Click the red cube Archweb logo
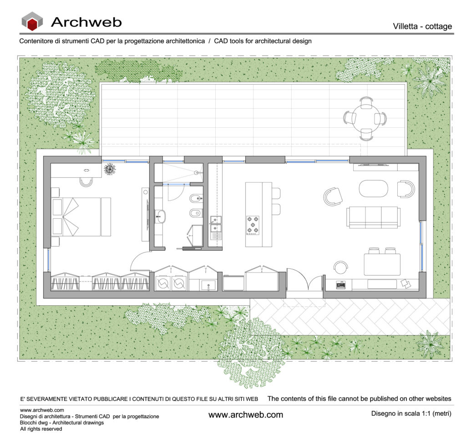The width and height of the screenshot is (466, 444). (32, 21)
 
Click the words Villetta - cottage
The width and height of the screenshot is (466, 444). (422, 26)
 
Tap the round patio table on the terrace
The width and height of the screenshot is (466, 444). (365, 118)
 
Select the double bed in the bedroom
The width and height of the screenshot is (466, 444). (81, 217)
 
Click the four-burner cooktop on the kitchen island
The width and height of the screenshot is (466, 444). (253, 225)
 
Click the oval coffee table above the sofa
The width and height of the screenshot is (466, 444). (374, 188)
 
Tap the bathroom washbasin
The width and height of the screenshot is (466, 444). (161, 217)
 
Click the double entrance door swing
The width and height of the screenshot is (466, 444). (305, 279)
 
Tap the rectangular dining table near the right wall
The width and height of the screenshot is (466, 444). (382, 264)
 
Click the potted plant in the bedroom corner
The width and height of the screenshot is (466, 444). (110, 169)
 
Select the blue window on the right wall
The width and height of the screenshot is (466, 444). (421, 246)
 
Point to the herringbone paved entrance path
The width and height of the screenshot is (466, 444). (350, 317)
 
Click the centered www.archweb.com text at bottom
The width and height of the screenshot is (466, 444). (246, 415)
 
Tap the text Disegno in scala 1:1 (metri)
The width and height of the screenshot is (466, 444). (411, 414)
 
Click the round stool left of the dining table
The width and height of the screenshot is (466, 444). (340, 267)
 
